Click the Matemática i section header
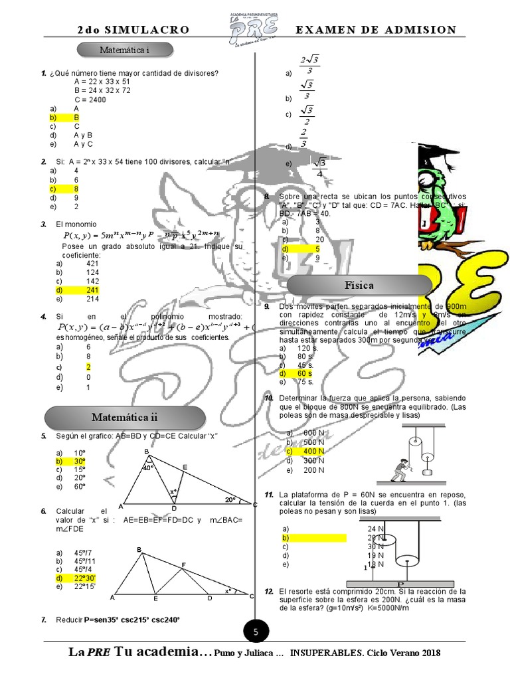(x=125, y=50)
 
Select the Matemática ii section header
(x=125, y=417)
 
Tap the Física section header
(x=359, y=285)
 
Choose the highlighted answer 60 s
(x=305, y=373)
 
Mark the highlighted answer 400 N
(x=313, y=451)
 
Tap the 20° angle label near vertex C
(x=230, y=499)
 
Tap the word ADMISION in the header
(x=422, y=30)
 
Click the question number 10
(x=269, y=398)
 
